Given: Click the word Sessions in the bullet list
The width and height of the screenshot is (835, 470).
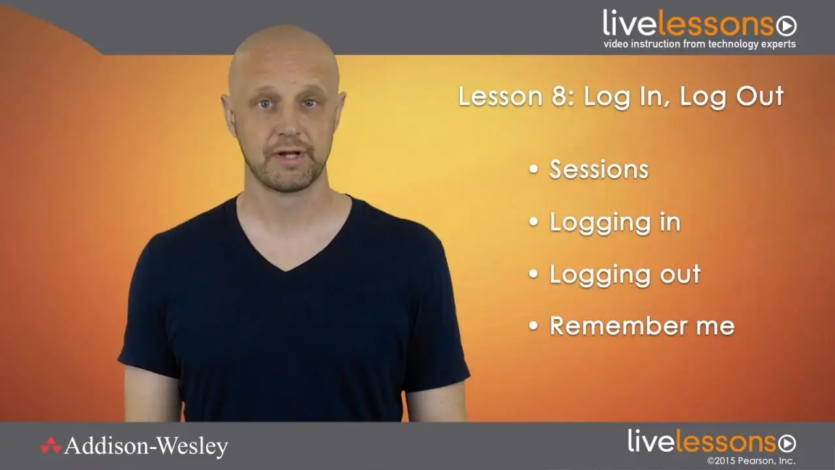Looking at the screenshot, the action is tap(599, 170).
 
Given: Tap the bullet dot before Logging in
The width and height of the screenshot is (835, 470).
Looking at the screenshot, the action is tap(534, 222).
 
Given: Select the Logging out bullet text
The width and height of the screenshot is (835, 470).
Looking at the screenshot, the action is tap(625, 275).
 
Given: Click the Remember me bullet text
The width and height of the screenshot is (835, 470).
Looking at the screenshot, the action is tap(643, 326).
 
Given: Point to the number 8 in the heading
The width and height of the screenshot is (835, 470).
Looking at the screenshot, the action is tap(559, 97).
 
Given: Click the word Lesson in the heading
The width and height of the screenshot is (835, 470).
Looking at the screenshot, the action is tap(500, 97).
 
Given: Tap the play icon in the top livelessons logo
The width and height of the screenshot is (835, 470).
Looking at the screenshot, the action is tap(787, 26).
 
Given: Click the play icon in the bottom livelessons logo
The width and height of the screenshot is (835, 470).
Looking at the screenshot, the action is tap(786, 444).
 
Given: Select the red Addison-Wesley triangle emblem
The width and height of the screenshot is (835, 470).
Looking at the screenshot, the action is tap(51, 445).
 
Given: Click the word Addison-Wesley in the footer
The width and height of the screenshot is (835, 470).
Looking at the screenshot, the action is tap(145, 446).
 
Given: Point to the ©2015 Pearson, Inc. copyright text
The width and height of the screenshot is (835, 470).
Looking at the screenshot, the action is tap(751, 461).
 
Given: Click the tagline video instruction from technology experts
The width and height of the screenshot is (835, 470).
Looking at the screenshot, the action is tap(700, 44).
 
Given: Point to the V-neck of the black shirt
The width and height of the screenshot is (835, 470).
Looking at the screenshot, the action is tap(285, 267).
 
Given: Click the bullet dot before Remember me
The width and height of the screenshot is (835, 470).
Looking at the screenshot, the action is tap(534, 326).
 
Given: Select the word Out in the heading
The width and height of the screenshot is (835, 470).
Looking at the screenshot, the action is tap(760, 97).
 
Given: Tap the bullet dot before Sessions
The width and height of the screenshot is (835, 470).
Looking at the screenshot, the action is tap(534, 169).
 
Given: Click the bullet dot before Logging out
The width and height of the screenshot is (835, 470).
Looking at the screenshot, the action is tap(534, 274).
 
